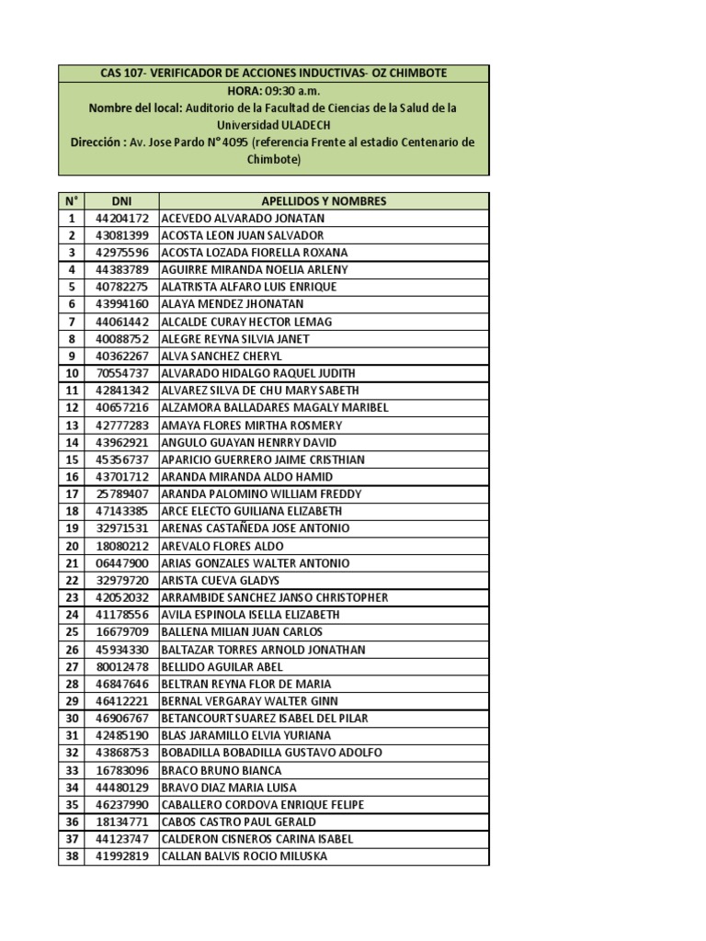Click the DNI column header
[121, 201]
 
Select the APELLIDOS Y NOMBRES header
[324, 201]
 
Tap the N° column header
[71, 201]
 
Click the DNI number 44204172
[121, 219]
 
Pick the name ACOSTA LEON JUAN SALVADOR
[242, 235]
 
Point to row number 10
[71, 373]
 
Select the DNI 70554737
[121, 373]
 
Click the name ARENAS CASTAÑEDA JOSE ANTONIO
[255, 528]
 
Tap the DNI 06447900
[121, 563]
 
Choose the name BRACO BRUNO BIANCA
[222, 770]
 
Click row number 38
[71, 856]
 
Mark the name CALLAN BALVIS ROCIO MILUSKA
[244, 856]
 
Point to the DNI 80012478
[121, 667]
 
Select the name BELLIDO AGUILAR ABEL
[222, 667]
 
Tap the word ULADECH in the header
[302, 124]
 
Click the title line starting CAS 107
[274, 73]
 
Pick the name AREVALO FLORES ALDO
[222, 546]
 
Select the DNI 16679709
[121, 632]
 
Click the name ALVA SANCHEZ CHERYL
[222, 357]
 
